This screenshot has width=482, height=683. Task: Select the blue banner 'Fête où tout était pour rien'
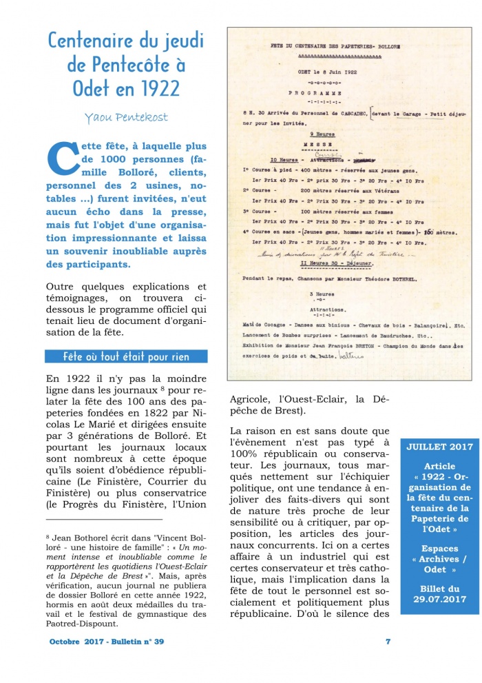[x=126, y=356]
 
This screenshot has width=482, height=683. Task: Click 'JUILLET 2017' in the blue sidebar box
[x=439, y=447]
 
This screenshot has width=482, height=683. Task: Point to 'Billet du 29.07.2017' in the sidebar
[x=439, y=595]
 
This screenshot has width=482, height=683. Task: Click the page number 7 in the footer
[x=388, y=642]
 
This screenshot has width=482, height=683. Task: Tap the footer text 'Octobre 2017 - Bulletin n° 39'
[x=107, y=642]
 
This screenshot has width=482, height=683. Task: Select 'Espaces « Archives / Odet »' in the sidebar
[x=439, y=560]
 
